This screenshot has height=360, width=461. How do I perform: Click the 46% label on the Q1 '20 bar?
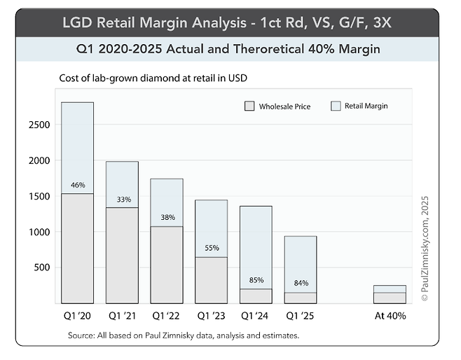(x=78, y=186)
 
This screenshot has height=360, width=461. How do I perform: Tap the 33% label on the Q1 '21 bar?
(x=123, y=200)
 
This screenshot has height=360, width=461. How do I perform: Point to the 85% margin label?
(x=256, y=280)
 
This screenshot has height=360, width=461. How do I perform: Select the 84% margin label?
(x=301, y=283)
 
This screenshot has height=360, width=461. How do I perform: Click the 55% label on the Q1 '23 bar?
(x=212, y=248)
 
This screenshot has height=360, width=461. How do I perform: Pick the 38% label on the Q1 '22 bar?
(x=167, y=217)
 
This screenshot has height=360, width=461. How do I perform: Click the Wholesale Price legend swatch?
(x=249, y=106)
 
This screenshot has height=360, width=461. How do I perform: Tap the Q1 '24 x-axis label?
(x=256, y=315)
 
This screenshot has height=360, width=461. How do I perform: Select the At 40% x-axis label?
(x=390, y=315)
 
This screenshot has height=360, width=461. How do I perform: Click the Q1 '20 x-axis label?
(x=78, y=315)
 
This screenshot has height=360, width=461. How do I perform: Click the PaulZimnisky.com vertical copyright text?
(x=425, y=249)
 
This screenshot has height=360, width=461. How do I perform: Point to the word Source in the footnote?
(x=82, y=335)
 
